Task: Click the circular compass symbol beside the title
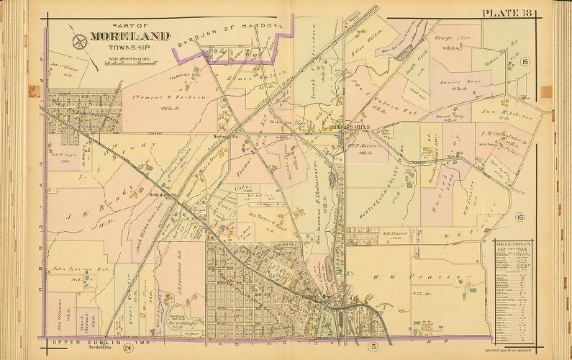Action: coord(78,37)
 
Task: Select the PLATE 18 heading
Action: coord(510,12)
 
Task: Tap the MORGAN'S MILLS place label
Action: coord(349,125)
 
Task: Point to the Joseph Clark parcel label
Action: coord(417,75)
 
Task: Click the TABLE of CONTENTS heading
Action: coord(512,247)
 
